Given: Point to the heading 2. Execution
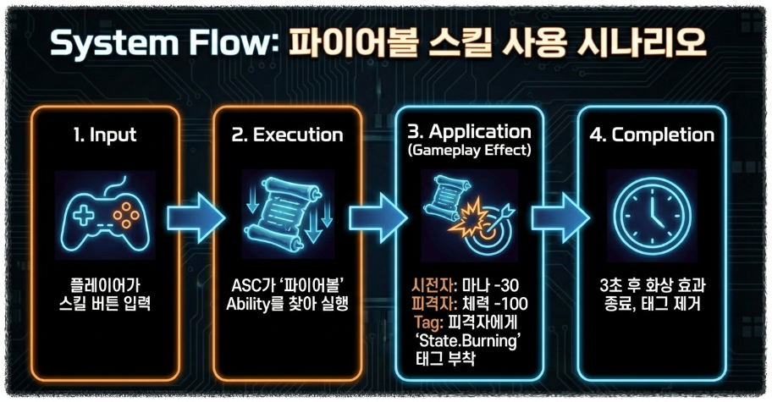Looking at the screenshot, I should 287,135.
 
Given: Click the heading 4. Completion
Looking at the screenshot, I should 653,135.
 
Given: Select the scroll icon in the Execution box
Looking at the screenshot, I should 287,212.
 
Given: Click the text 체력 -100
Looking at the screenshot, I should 490,303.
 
